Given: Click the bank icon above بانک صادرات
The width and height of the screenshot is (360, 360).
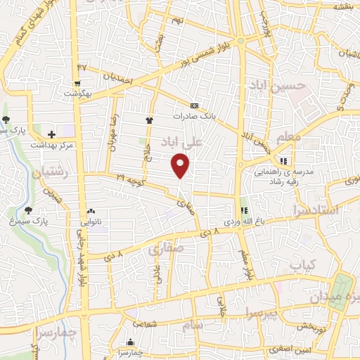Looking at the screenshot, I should [194, 105].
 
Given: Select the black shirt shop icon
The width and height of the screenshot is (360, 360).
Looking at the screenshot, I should [149, 120].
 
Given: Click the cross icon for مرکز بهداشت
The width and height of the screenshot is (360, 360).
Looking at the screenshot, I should [51, 134].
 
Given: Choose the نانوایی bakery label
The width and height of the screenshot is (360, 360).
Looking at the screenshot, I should [92, 222].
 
